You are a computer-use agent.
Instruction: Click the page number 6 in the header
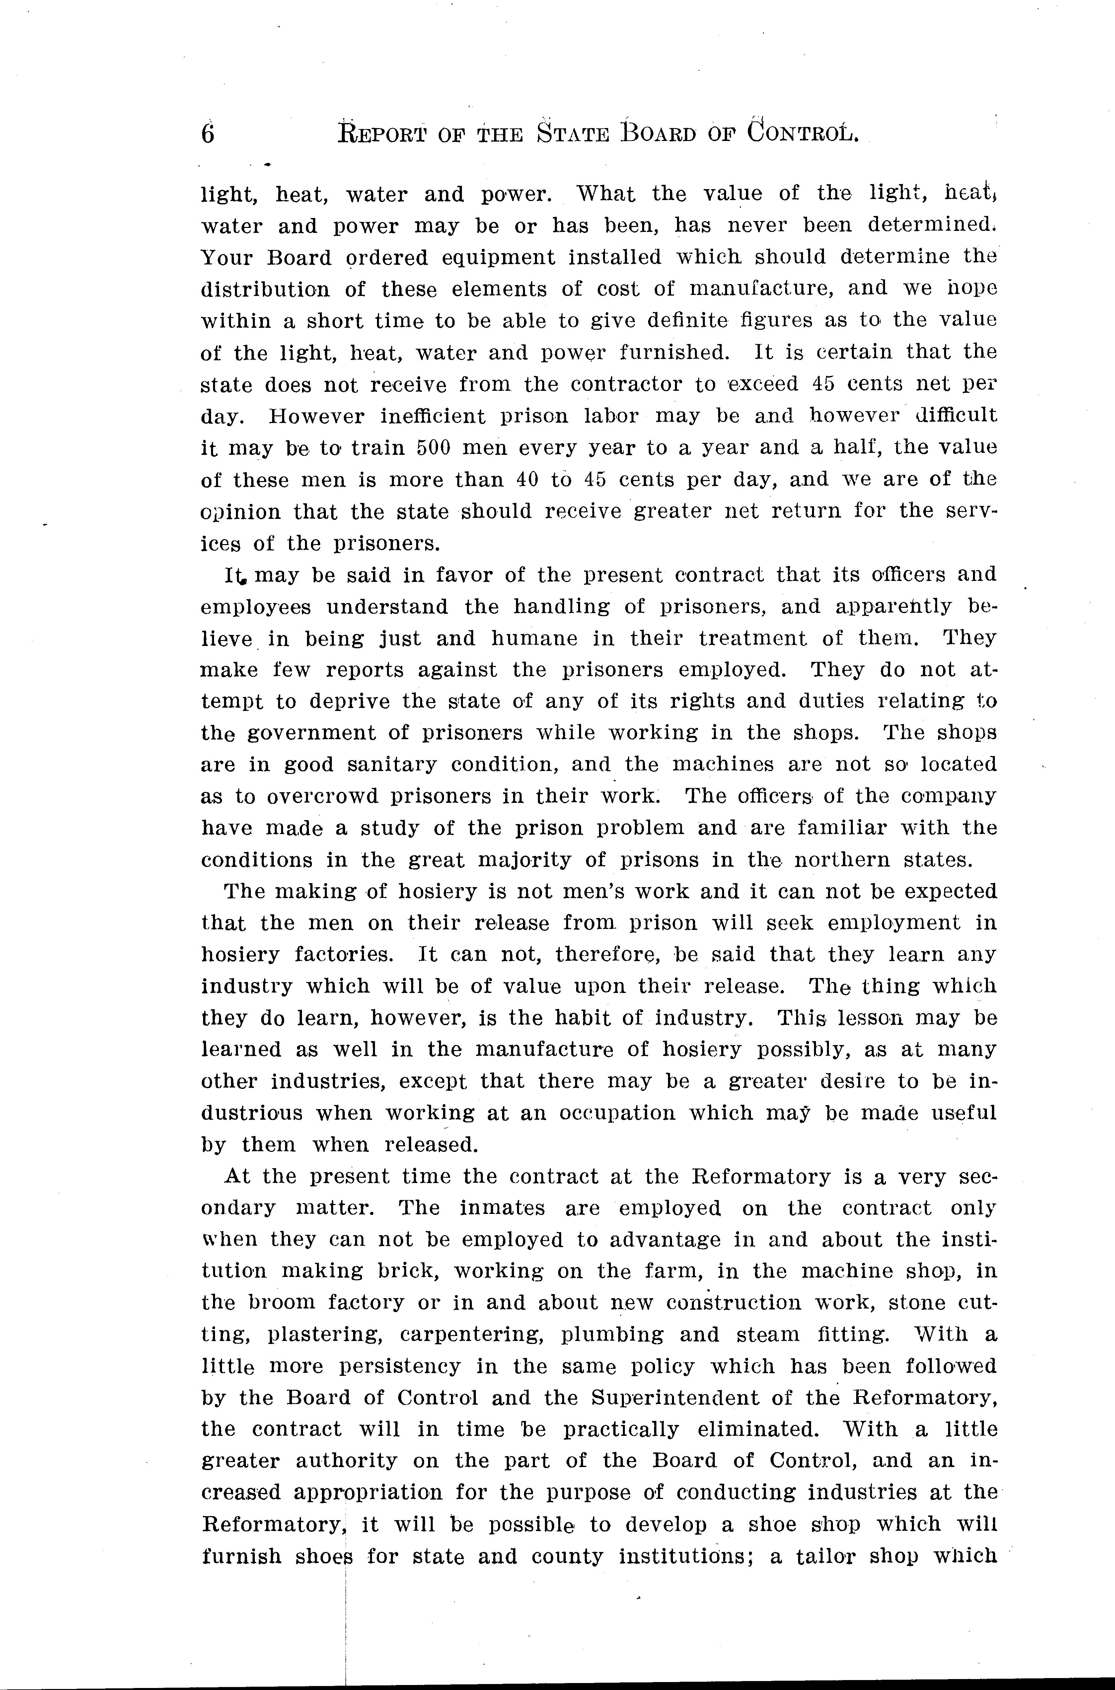click(x=208, y=133)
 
